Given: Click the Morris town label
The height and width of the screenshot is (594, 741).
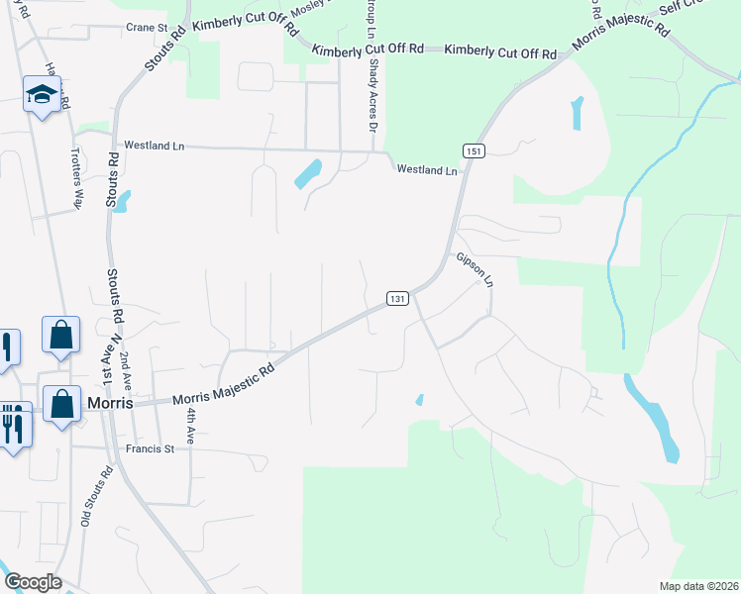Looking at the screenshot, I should coord(110,403).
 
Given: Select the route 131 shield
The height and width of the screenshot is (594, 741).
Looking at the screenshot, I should coord(396,298).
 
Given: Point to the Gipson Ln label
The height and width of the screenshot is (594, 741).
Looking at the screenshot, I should coord(475,270).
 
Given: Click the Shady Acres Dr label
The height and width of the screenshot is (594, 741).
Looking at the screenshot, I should coord(373,95).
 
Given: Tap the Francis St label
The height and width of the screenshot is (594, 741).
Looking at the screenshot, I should coord(150,448).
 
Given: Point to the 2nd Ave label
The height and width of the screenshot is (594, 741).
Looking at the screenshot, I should coord(125,368).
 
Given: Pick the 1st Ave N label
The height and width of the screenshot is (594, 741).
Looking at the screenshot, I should coord(106,361).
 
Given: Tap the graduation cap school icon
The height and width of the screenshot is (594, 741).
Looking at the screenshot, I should coord(42,94).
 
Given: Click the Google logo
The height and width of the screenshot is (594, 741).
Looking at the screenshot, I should coord(33,581).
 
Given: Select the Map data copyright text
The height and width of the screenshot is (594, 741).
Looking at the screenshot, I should coord(697,585).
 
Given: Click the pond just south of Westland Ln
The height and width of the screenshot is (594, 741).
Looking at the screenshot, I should coord(308,175).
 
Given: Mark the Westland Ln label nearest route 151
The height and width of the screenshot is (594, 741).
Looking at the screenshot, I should coord(427,170).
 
